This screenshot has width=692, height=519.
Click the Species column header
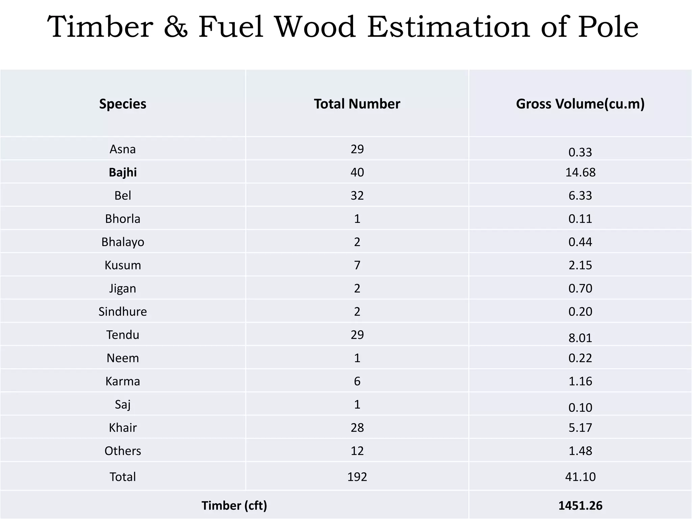click(x=123, y=104)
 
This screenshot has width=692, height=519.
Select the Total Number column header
click(x=357, y=104)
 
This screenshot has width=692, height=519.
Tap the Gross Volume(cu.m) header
click(x=580, y=104)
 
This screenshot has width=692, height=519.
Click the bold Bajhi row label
click(x=123, y=172)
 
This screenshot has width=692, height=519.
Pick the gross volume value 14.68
click(x=580, y=172)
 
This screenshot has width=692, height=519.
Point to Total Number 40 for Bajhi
click(x=357, y=172)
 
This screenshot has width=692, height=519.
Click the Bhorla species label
click(x=123, y=219)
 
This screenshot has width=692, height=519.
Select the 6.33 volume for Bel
click(x=580, y=195)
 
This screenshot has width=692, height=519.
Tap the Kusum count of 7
click(x=357, y=265)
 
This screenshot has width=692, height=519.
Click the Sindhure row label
click(x=123, y=312)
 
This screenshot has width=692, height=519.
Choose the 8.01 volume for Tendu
click(x=580, y=338)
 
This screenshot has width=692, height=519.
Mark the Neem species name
click(x=123, y=358)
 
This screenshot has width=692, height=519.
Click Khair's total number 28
click(x=357, y=427)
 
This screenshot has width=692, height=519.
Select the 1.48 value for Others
click(x=580, y=451)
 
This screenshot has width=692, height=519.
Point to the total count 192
click(x=357, y=477)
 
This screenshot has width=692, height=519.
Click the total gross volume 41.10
click(x=580, y=477)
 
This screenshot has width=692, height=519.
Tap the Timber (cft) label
click(x=234, y=505)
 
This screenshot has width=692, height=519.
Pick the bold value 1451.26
click(x=580, y=505)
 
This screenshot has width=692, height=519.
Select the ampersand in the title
click(x=176, y=27)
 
